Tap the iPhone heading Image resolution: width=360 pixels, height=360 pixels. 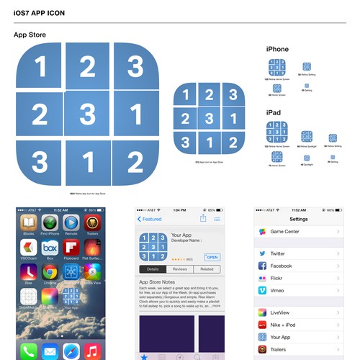[277, 50]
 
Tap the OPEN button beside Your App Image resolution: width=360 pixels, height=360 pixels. [212, 257]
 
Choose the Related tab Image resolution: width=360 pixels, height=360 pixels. [207, 269]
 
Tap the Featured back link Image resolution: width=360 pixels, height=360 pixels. [150, 219]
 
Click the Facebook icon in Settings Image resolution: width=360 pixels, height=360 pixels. [262, 266]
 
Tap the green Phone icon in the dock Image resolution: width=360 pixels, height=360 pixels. [29, 351]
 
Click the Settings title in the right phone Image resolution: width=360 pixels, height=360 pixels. [298, 219]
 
